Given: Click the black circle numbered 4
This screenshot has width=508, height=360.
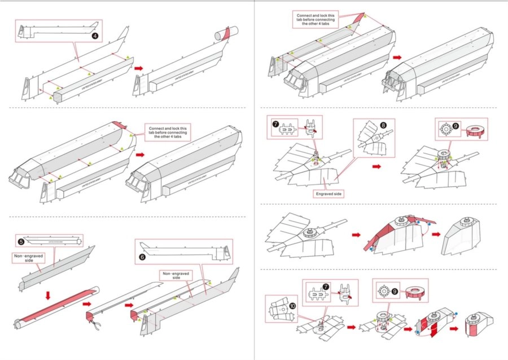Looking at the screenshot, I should pyautogui.click(x=95, y=36).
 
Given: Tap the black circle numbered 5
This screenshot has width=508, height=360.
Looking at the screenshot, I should pyautogui.click(x=21, y=242).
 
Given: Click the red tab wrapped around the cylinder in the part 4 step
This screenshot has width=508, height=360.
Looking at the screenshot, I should pyautogui.click(x=226, y=33).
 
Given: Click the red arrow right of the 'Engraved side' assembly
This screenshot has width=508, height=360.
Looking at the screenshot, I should pyautogui.click(x=376, y=167).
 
